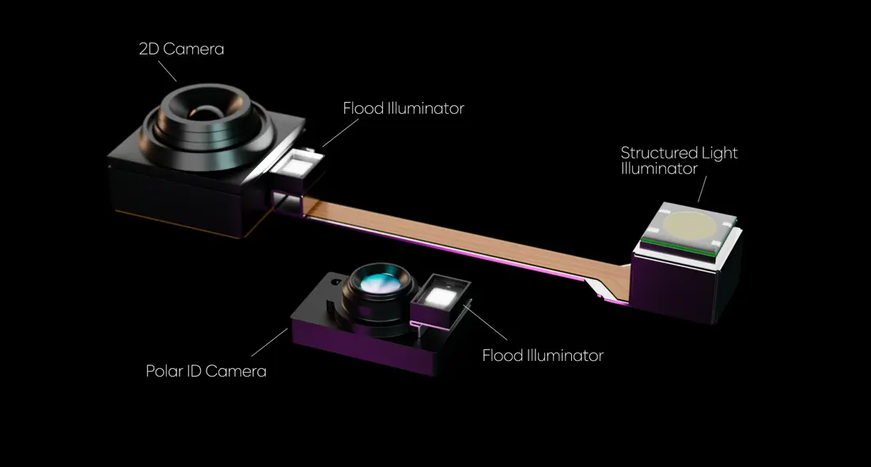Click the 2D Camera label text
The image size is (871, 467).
[x=182, y=49]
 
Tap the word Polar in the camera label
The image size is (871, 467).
[x=163, y=370]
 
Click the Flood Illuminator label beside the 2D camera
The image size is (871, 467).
[x=403, y=108]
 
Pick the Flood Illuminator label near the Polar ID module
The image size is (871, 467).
[x=543, y=355]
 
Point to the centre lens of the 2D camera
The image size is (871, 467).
[x=206, y=113]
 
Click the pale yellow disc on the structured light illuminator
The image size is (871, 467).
[x=688, y=226]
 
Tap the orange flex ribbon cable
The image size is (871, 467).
[x=461, y=239]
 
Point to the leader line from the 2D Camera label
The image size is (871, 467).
[x=167, y=70]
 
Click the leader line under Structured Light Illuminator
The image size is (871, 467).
[x=702, y=189]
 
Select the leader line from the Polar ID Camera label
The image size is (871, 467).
[x=269, y=342]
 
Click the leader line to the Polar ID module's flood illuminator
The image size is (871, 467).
[x=485, y=323]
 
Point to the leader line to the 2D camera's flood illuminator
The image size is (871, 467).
[x=340, y=132]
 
